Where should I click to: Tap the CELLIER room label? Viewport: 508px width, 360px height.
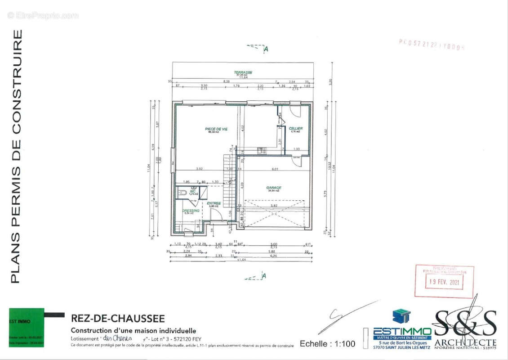click(296, 129)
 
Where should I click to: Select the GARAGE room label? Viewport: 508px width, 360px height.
click(273, 188)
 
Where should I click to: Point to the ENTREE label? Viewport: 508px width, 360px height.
click(214, 203)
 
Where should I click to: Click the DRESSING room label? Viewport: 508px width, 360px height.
click(191, 211)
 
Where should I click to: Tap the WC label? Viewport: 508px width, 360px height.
click(192, 192)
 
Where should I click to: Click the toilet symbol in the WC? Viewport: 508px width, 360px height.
click(182, 193)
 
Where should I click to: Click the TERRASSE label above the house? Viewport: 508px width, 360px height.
click(243, 72)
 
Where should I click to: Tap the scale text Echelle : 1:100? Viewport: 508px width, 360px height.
click(327, 344)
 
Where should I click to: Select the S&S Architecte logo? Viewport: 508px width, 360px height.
click(465, 326)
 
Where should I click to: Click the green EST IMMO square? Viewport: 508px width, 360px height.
click(27, 327)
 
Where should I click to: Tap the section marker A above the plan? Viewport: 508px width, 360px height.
click(266, 49)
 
